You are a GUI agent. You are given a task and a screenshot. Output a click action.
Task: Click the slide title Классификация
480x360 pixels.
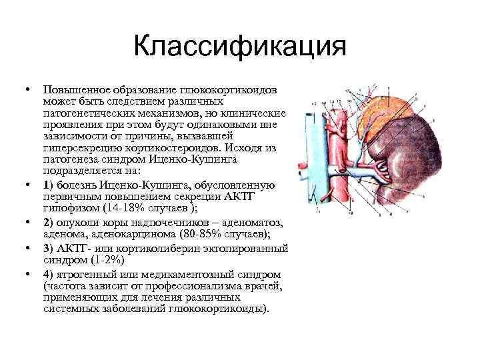[x=239, y=48]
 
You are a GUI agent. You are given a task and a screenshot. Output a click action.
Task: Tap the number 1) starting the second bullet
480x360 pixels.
[x=47, y=184]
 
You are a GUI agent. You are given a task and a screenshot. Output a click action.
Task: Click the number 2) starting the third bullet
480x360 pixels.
[x=48, y=220]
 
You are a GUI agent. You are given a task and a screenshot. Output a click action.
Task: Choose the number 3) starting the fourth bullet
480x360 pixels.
[x=47, y=247]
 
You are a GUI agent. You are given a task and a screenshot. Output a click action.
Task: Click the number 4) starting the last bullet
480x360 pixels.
[x=48, y=274]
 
